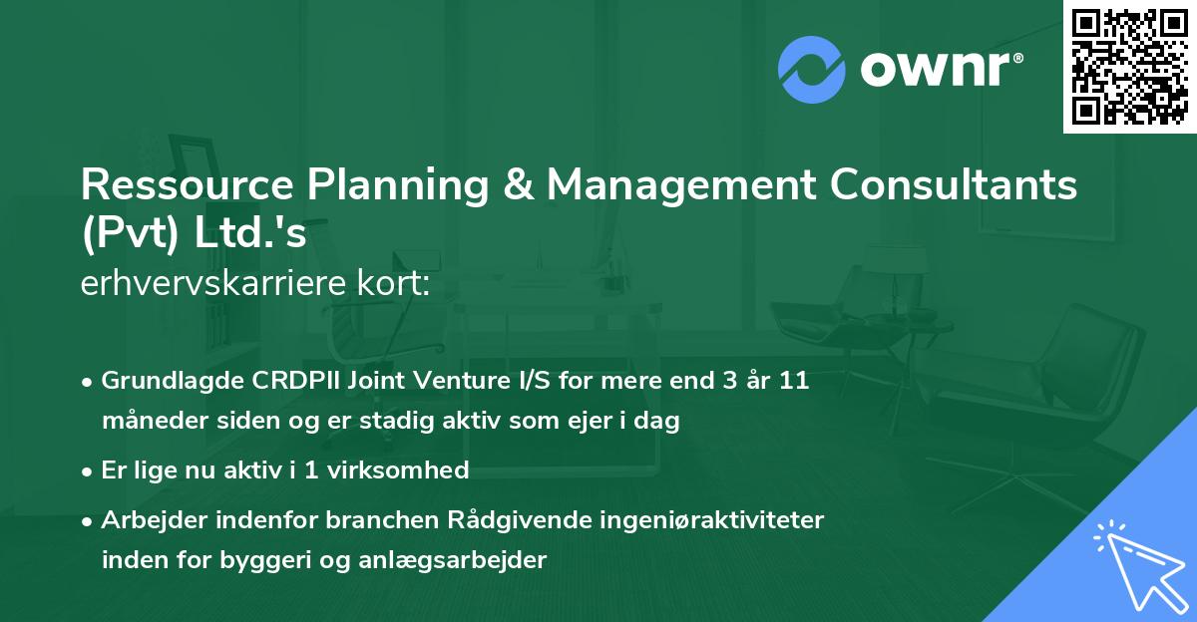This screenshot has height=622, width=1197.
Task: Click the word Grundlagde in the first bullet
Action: click(161, 381)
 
